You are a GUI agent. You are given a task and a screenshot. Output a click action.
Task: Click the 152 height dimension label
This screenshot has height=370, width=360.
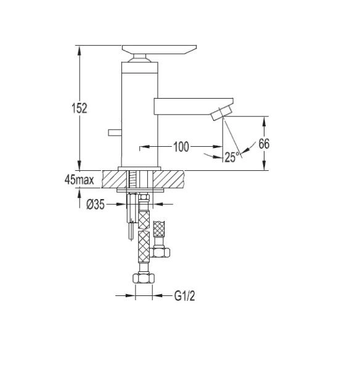[80, 108]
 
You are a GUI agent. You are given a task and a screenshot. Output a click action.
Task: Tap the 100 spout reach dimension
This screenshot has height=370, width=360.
[181, 147]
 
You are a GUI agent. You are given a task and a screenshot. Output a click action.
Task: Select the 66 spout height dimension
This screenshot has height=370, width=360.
[264, 144]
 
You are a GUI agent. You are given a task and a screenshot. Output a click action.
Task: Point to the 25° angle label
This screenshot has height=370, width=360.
[232, 157]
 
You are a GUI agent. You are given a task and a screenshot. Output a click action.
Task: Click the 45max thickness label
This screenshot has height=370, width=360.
[80, 180]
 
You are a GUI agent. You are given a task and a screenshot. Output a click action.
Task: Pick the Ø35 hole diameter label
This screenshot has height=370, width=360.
[96, 204]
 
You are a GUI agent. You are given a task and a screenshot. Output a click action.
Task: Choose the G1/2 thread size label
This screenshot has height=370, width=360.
[185, 296]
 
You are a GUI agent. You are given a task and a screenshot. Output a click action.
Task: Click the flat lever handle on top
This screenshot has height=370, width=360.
[160, 50]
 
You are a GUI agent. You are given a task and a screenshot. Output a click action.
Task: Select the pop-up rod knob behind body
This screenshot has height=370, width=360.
[115, 133]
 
